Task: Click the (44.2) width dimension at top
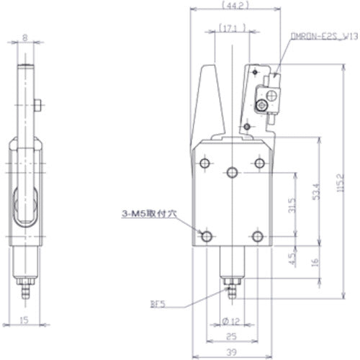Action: [x=232, y=7]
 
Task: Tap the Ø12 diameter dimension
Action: [x=232, y=319]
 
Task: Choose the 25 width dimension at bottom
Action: [x=232, y=336]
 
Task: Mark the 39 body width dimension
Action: [x=232, y=351]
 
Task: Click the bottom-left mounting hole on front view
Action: [x=207, y=236]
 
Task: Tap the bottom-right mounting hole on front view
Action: [x=258, y=236]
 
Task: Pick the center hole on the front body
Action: [x=232, y=172]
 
